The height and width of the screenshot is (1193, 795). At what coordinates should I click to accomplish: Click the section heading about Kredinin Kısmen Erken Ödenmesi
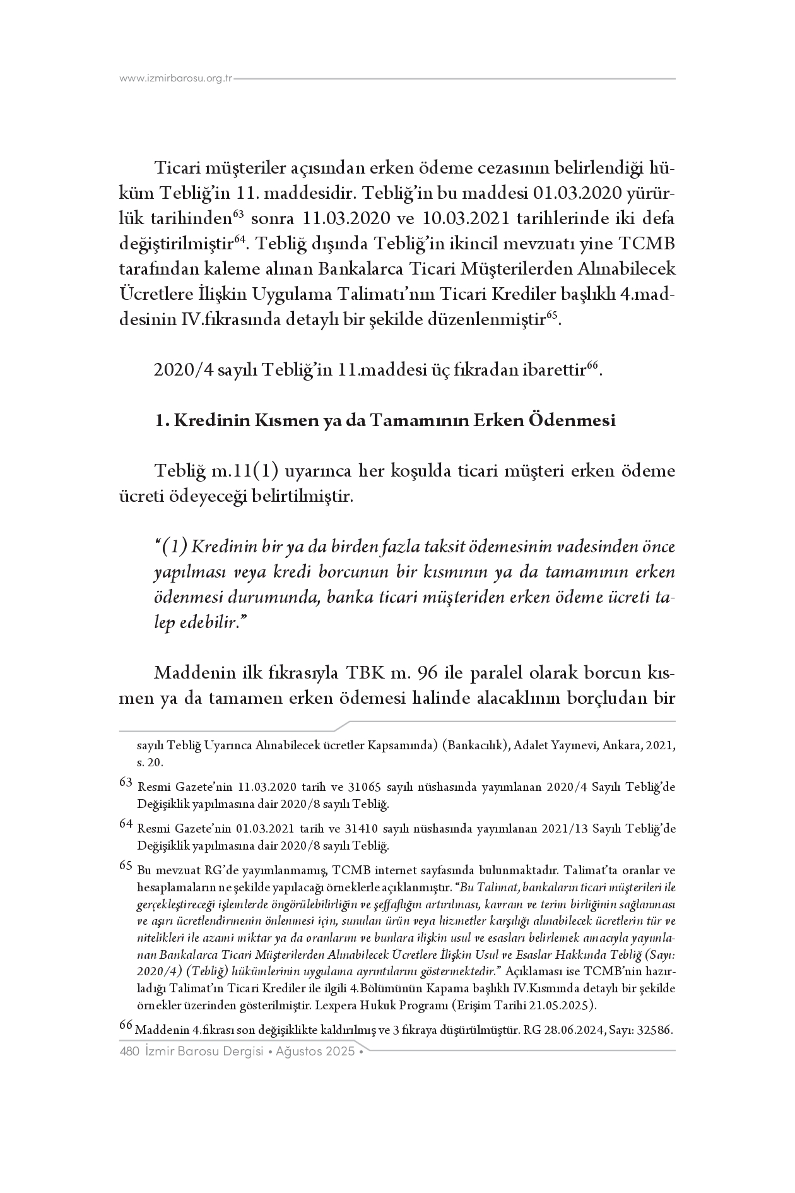(x=385, y=420)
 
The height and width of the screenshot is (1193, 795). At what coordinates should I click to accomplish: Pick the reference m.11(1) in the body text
(x=245, y=472)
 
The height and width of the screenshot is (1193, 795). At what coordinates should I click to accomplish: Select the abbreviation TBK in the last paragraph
(x=363, y=674)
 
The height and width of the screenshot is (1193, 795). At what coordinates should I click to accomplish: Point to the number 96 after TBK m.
(x=428, y=674)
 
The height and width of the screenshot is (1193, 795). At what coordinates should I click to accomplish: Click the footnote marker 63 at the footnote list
(x=126, y=783)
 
